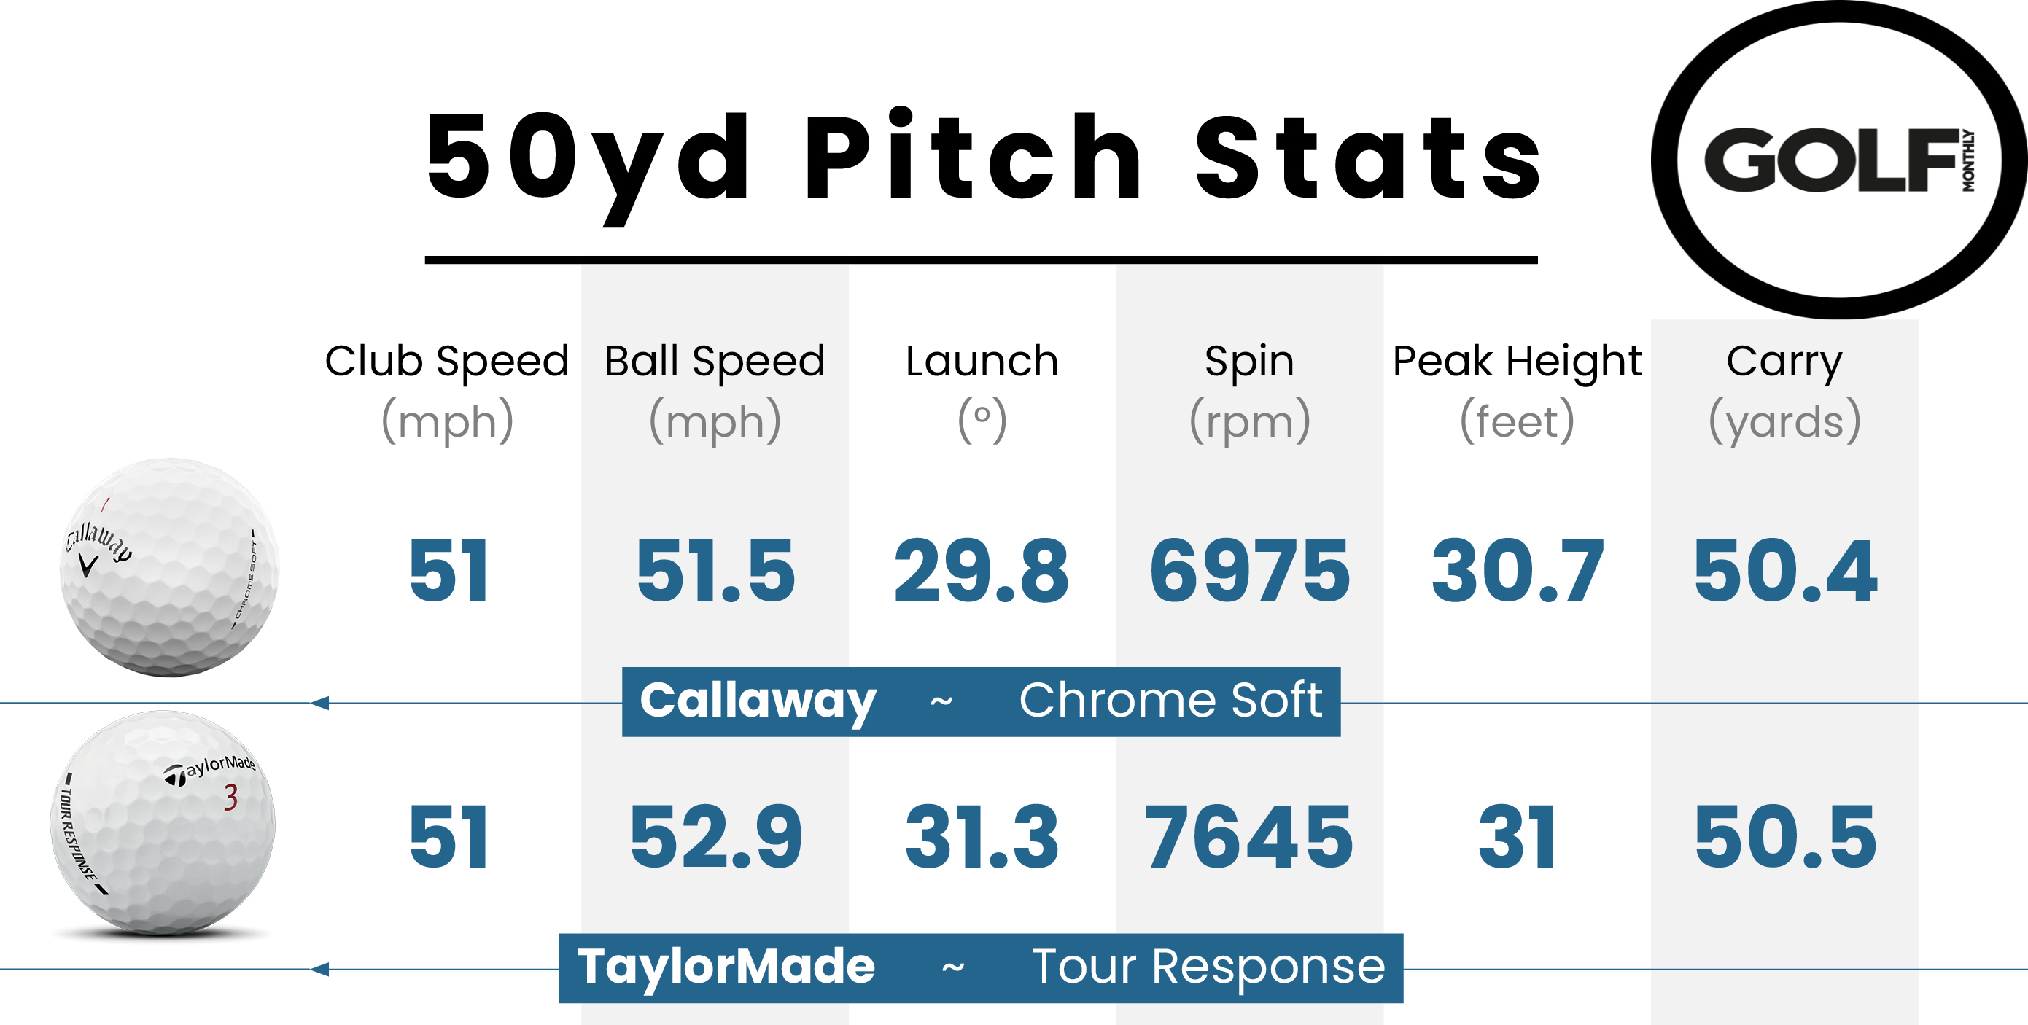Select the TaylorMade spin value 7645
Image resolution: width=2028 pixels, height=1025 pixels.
[x=1249, y=837]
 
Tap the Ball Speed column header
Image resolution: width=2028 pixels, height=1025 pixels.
[x=715, y=362]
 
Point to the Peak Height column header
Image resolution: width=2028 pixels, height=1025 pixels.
[x=1517, y=362]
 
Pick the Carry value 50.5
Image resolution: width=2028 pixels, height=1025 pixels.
[x=1784, y=837]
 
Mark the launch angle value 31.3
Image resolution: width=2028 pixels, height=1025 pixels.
[x=982, y=837]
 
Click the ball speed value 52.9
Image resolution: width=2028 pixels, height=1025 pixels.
[x=715, y=837]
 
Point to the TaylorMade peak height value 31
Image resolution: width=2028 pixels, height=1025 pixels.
[x=1517, y=837]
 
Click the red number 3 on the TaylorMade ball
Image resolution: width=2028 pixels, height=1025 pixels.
[x=230, y=797]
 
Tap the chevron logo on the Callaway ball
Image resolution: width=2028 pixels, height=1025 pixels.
[x=89, y=564]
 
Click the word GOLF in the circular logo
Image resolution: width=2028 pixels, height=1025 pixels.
[x=1830, y=160]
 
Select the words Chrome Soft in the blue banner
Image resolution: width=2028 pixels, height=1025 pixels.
[x=1170, y=700]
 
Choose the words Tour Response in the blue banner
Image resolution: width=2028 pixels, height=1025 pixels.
[x=1208, y=967]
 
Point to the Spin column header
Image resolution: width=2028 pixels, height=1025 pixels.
[x=1249, y=362]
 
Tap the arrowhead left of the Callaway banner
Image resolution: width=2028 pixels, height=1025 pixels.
[x=319, y=702]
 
